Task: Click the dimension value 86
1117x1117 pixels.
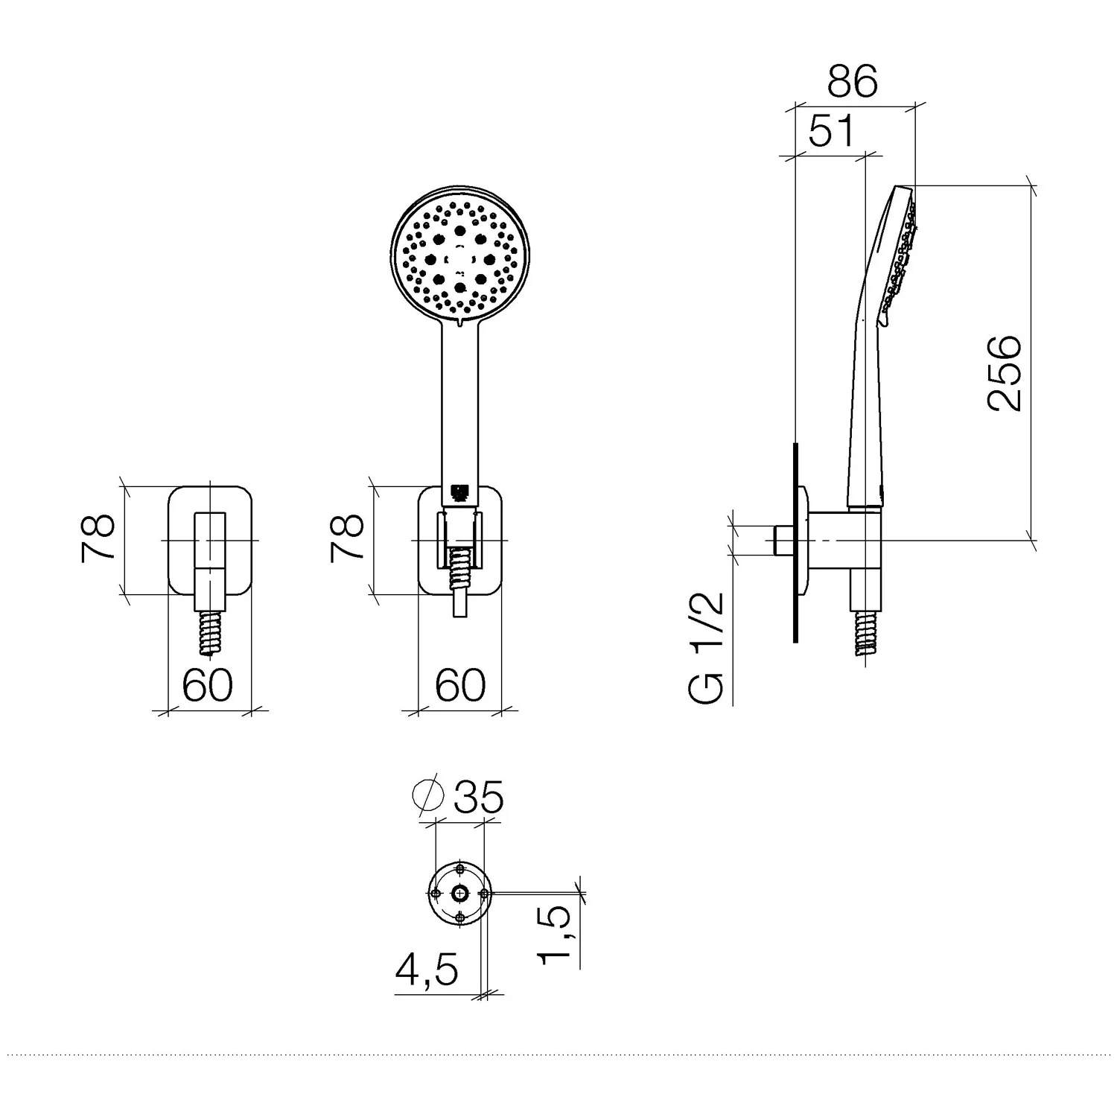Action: click(853, 82)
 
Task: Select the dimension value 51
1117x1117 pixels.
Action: click(831, 133)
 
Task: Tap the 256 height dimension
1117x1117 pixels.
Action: click(1005, 373)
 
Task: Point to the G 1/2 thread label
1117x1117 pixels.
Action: click(707, 648)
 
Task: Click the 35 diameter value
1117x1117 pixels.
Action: click(479, 797)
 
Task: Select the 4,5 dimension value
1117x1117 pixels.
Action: click(427, 970)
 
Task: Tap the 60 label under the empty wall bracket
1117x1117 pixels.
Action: click(208, 684)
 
